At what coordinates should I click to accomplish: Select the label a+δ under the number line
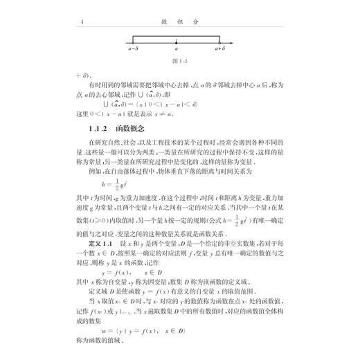point(220,50)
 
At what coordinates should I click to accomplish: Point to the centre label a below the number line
point(177,50)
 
